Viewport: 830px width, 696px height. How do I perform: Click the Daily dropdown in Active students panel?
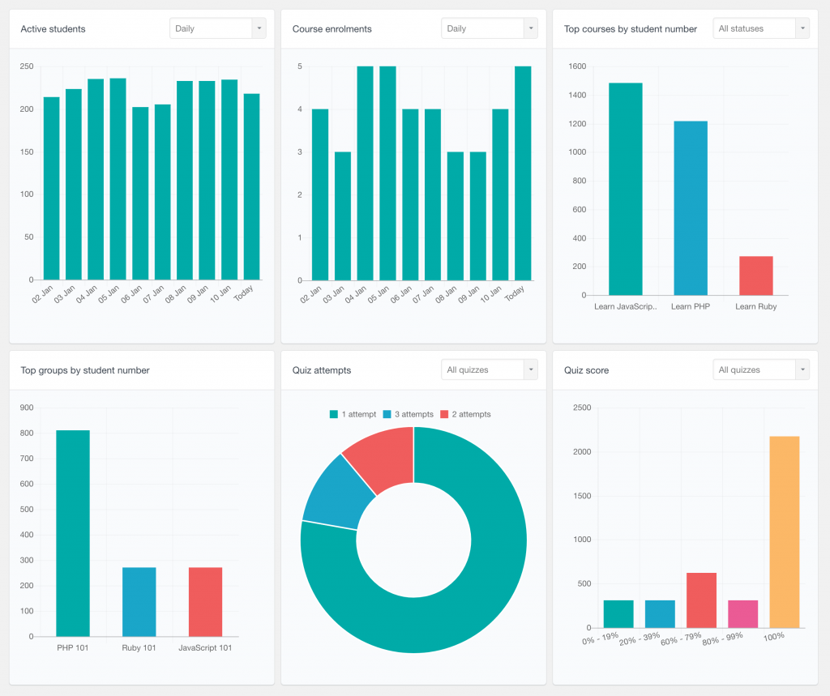[x=217, y=28]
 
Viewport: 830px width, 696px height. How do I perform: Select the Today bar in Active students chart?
[x=251, y=187]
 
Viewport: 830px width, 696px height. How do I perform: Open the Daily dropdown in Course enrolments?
[x=489, y=28]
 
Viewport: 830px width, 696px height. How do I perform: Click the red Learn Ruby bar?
[x=755, y=275]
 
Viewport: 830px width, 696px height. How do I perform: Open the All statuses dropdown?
[x=760, y=28]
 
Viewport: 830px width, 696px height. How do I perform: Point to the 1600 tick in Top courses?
[x=577, y=66]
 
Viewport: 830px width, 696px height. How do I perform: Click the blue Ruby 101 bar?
[x=139, y=602]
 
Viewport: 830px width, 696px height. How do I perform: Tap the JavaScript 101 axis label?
[x=205, y=647]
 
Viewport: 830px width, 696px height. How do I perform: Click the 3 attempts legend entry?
[x=409, y=414]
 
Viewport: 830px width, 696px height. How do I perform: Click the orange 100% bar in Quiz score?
[x=784, y=532]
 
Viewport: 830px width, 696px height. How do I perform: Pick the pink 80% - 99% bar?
[x=742, y=614]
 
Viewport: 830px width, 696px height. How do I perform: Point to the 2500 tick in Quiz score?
[x=581, y=408]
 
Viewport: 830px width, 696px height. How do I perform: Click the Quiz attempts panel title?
[x=322, y=370]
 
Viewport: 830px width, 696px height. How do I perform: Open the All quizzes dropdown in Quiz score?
[x=760, y=369]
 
